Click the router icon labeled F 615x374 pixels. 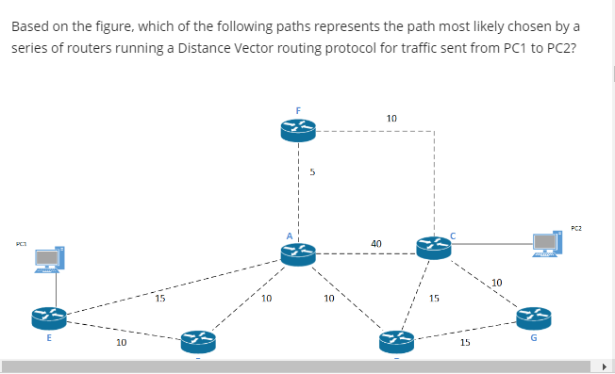coord(297,131)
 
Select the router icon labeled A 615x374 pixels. coord(297,252)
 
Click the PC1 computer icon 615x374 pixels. coord(50,257)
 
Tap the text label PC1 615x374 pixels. coord(21,244)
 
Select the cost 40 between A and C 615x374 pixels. coord(376,243)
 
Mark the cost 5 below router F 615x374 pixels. coord(312,172)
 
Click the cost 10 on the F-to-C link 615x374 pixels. coord(391,118)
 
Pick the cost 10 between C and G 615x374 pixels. coord(497,282)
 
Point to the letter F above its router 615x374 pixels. coord(298,110)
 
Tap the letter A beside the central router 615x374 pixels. coord(291,233)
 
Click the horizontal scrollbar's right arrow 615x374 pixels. coord(607,366)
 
